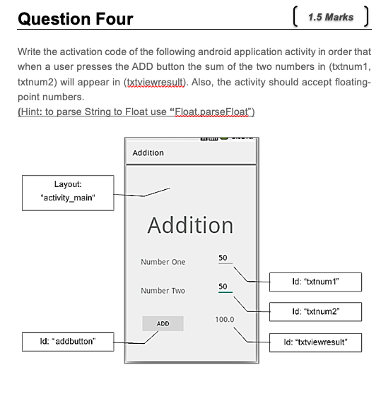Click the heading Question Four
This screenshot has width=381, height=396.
point(75,18)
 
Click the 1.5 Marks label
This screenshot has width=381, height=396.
point(330,17)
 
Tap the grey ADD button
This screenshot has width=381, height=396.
point(163,323)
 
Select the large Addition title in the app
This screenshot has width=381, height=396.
point(190,225)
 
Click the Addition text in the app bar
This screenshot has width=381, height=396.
point(148,152)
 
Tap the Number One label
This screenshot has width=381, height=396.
point(163,262)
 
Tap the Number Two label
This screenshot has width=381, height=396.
point(163,291)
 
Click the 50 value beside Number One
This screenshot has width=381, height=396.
point(223,258)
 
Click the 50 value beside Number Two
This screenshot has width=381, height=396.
point(223,287)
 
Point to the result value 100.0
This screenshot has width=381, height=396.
point(225,320)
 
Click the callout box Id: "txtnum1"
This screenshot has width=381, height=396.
point(316,282)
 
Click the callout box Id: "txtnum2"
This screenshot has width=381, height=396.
point(316,311)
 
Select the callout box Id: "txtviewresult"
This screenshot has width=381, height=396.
point(316,343)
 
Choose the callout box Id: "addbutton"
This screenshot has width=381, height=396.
point(68,342)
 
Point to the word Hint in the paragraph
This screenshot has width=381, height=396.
point(33,112)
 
